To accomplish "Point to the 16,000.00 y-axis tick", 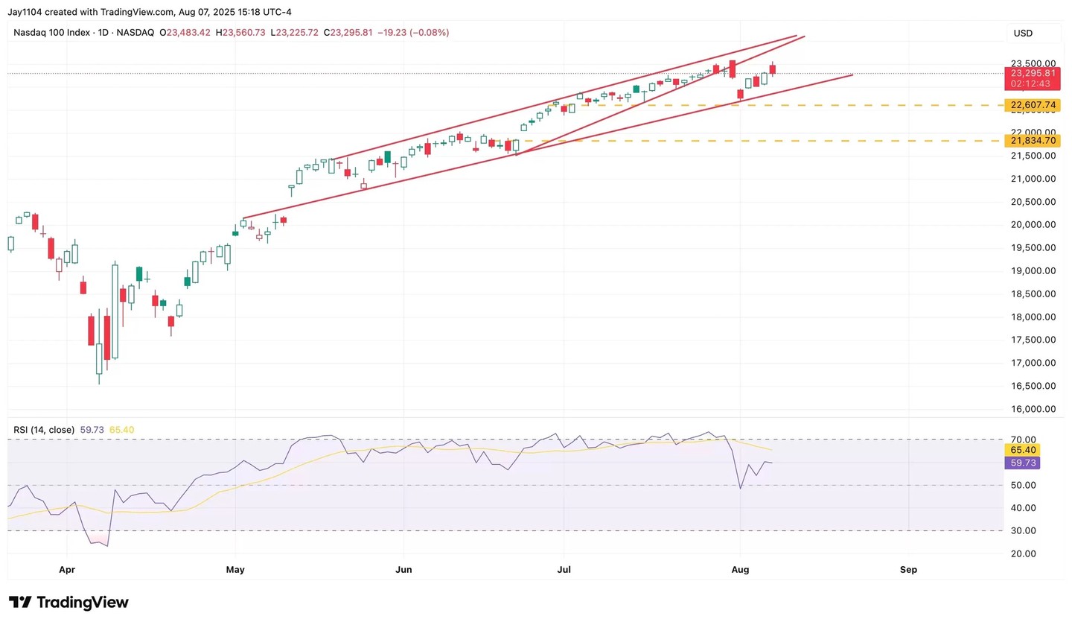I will tap(1030, 409).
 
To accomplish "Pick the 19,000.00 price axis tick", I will tap(1030, 271).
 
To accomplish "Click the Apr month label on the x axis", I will tap(67, 570).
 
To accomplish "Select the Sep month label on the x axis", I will tap(908, 570).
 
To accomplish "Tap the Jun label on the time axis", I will tap(403, 570).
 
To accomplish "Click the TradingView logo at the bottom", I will tap(68, 602).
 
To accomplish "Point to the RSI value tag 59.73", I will tap(1021, 463).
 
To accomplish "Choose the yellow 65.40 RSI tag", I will tap(1021, 450).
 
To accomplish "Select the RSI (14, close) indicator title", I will tap(44, 430).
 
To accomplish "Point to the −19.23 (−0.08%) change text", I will tap(412, 33).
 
